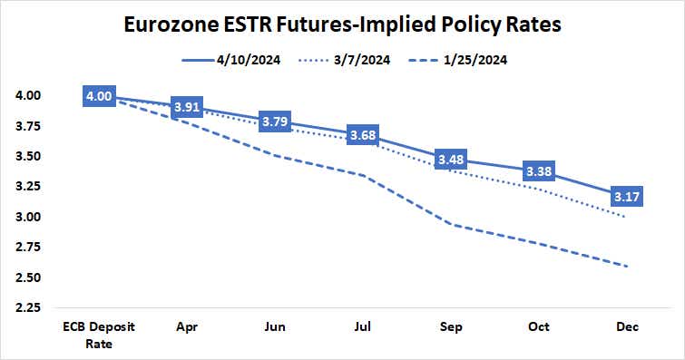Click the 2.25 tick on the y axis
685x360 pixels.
click(27, 307)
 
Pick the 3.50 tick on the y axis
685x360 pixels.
click(27, 156)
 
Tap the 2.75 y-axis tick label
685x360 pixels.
click(27, 247)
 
